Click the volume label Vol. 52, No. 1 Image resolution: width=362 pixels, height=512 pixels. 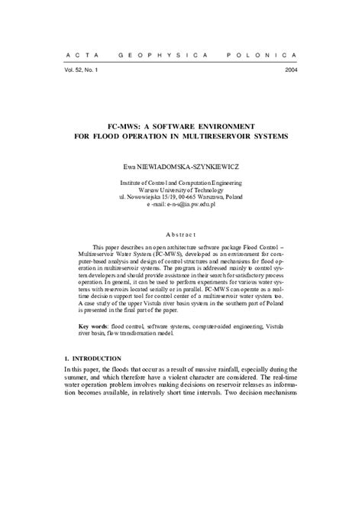click(76, 70)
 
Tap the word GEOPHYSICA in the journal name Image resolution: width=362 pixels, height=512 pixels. click(156, 57)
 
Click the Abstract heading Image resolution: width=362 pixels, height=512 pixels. click(181, 234)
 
